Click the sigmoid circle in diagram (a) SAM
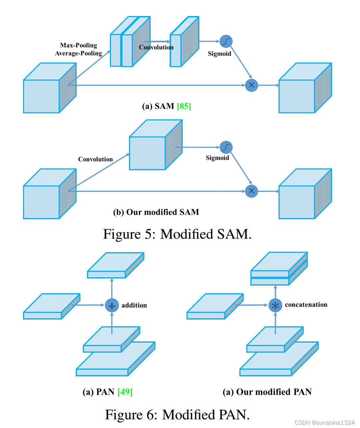(x=226, y=41)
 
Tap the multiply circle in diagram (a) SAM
(x=251, y=85)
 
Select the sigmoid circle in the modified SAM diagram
(x=226, y=147)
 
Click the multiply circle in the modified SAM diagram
(x=251, y=191)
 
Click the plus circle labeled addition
(x=112, y=305)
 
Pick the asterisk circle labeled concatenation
(x=275, y=305)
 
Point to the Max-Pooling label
(x=79, y=45)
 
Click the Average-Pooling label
(x=79, y=53)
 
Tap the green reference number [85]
(x=184, y=106)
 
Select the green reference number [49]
(x=125, y=392)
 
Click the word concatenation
(x=306, y=305)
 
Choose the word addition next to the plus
(x=134, y=305)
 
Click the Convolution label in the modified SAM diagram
(x=96, y=159)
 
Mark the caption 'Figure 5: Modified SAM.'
(x=177, y=234)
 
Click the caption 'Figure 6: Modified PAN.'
(x=177, y=415)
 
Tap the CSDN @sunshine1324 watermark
(x=325, y=423)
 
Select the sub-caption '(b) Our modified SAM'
(x=156, y=212)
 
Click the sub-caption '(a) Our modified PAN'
(x=267, y=392)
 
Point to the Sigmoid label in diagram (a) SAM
(x=219, y=54)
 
